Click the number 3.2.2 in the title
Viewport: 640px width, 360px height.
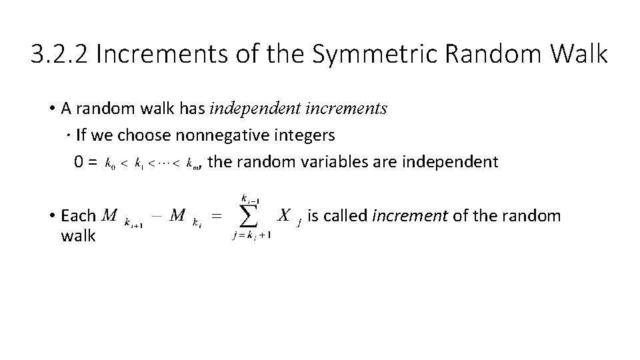pyautogui.click(x=59, y=54)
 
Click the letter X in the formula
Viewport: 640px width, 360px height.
pyautogui.click(x=284, y=215)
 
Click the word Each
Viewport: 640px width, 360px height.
pyautogui.click(x=79, y=216)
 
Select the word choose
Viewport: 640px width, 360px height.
pyautogui.click(x=145, y=135)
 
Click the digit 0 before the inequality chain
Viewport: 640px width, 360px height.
pyautogui.click(x=79, y=161)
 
